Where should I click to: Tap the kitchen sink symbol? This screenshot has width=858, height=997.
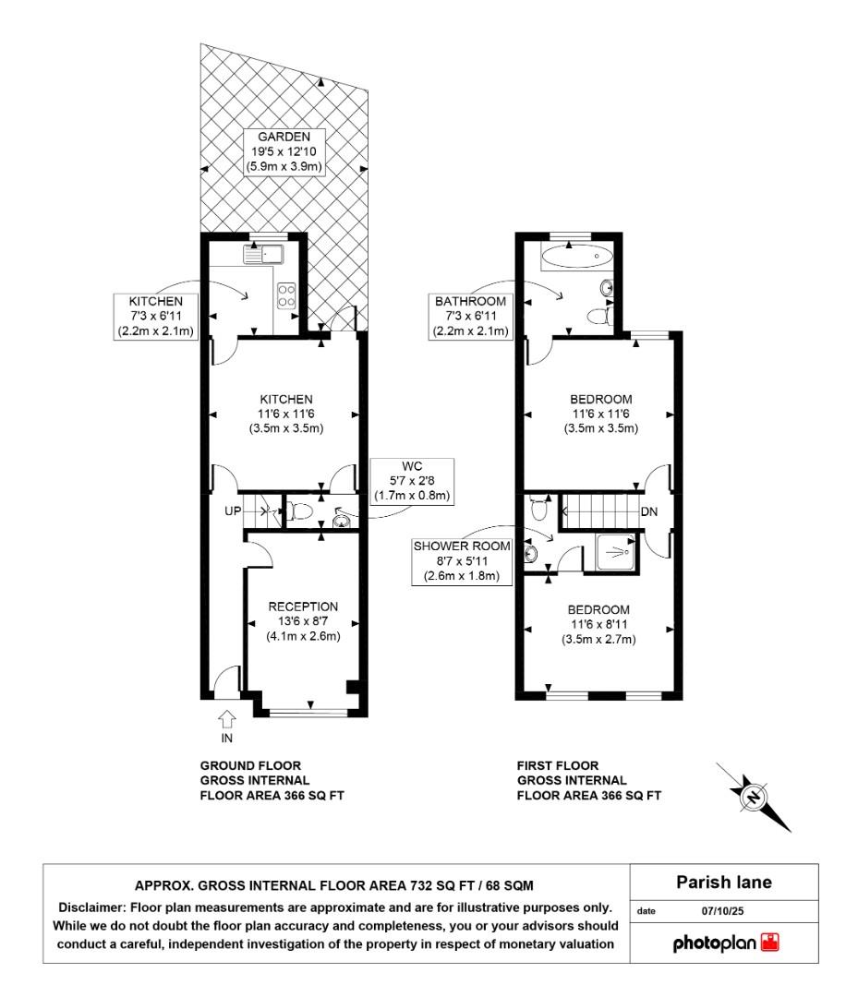[263, 255]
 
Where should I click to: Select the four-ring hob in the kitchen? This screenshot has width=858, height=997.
[286, 295]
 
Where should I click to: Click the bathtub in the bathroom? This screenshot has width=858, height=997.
[577, 257]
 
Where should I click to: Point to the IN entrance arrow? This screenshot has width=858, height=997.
[227, 720]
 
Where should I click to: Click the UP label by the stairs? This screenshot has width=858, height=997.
[233, 511]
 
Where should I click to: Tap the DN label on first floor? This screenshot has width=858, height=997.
[648, 511]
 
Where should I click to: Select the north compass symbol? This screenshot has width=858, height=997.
[755, 798]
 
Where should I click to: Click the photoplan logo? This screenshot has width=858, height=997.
[726, 943]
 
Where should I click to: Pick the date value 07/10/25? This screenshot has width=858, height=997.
[722, 911]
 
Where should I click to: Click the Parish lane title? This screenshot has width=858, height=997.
[724, 882]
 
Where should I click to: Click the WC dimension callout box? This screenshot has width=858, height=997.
[412, 481]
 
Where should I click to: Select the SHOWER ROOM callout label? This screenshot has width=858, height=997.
[462, 561]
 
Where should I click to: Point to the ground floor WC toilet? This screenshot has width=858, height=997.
[298, 511]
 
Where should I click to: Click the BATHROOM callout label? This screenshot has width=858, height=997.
[471, 316]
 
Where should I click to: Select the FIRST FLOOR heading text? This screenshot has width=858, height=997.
[558, 765]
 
